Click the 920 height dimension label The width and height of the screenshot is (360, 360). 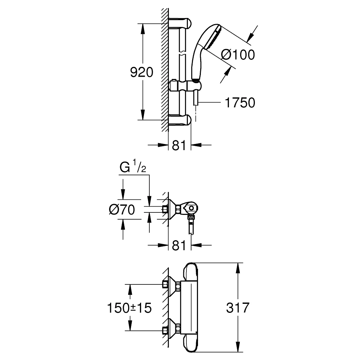click(x=141, y=72)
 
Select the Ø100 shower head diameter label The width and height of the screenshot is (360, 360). click(x=238, y=55)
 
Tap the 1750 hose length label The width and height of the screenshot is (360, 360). click(x=240, y=103)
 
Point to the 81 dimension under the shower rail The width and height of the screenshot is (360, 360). click(x=179, y=145)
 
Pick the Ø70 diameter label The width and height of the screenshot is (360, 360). click(x=122, y=210)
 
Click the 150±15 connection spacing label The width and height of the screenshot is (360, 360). click(x=129, y=308)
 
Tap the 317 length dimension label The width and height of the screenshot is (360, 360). click(x=238, y=308)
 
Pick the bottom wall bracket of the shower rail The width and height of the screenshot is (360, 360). click(x=182, y=120)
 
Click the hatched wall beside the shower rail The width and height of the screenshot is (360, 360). click(x=165, y=72)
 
